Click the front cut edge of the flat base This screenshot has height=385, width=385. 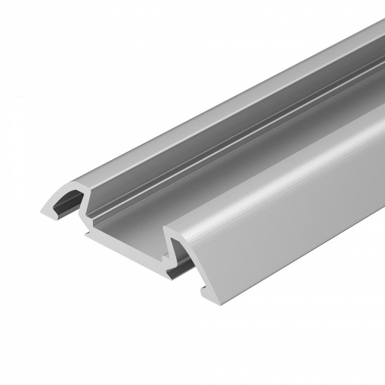click(122, 243)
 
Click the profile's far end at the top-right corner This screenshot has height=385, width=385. click(379, 26)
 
